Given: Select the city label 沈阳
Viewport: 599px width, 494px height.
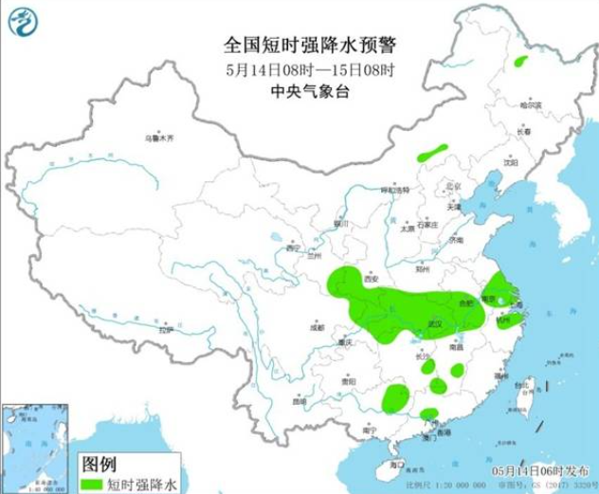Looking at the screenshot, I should pos(513,162).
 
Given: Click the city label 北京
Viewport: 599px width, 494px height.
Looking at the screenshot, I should pos(452,187).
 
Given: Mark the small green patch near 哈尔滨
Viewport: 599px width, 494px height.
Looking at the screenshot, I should pos(519,62).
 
